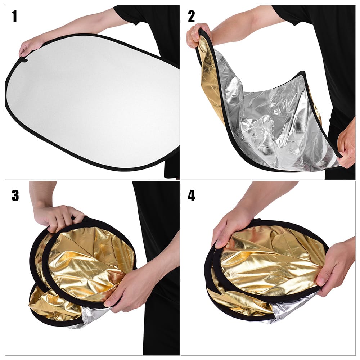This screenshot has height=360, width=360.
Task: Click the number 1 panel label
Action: (x=14, y=16)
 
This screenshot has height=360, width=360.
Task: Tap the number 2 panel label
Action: (x=191, y=16)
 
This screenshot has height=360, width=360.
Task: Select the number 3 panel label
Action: (x=15, y=195)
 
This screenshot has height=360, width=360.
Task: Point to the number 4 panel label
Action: (x=192, y=195)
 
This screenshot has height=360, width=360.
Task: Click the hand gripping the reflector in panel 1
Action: (x=31, y=46)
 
